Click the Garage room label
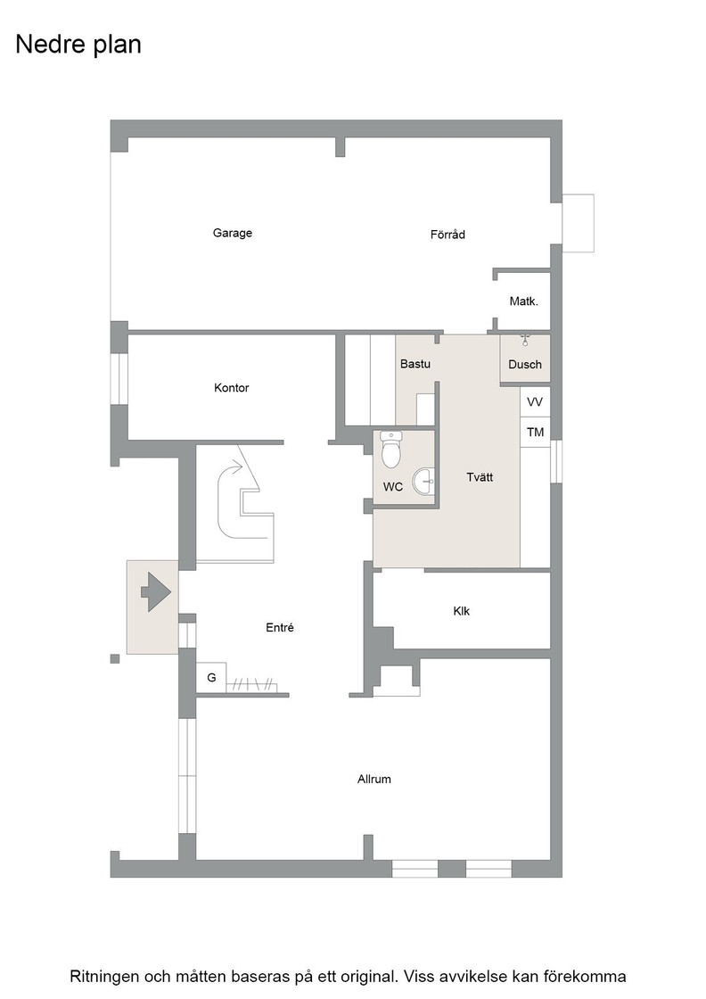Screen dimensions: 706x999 [233, 233]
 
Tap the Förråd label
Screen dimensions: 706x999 [447, 235]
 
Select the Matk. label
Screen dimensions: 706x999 [524, 301]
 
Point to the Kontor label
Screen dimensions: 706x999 [231, 387]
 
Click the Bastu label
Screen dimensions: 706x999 [415, 364]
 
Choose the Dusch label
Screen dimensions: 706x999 [525, 365]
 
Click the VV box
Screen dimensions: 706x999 [536, 402]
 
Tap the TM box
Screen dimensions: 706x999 [536, 433]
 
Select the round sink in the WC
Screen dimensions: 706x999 [423, 482]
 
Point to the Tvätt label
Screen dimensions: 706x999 [480, 477]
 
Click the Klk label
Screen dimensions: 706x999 [462, 611]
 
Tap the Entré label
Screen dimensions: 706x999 [280, 628]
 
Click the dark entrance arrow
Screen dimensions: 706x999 [156, 592]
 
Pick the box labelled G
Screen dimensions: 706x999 [211, 678]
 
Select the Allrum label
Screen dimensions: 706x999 [374, 780]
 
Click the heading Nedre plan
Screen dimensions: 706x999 [78, 45]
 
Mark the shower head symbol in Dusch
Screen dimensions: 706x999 [525, 339]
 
